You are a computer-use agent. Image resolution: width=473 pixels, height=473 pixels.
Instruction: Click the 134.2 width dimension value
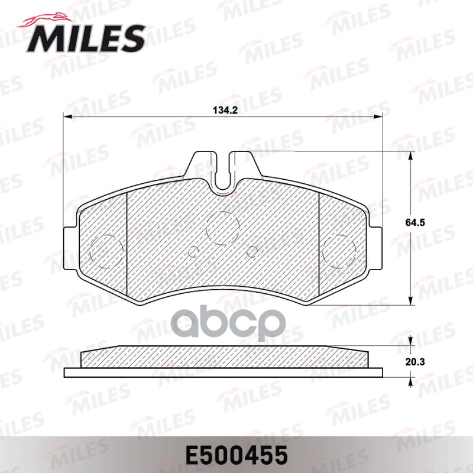pos(222,110)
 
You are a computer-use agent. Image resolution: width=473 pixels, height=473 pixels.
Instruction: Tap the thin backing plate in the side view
pos(223,373)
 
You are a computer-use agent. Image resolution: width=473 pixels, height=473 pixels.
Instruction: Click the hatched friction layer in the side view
pos(223,357)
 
